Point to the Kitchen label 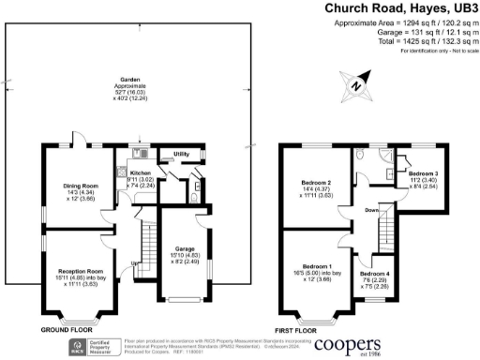pyautogui.click(x=139, y=174)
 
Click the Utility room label pyautogui.click(x=181, y=153)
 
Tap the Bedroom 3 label pyautogui.click(x=423, y=174)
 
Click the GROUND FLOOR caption pyautogui.click(x=67, y=331)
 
